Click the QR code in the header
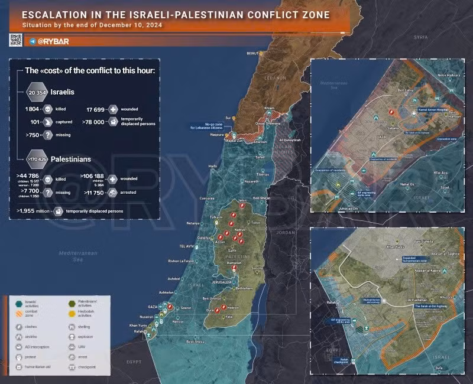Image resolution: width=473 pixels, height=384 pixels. point(15,40)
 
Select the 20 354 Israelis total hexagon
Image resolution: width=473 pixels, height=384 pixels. point(38,92)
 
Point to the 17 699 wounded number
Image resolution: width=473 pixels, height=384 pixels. point(97,109)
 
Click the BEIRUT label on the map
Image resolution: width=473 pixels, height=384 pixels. point(252,53)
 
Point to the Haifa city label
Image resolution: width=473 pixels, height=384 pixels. point(213,167)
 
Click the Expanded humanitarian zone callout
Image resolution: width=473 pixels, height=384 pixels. point(414,260)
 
